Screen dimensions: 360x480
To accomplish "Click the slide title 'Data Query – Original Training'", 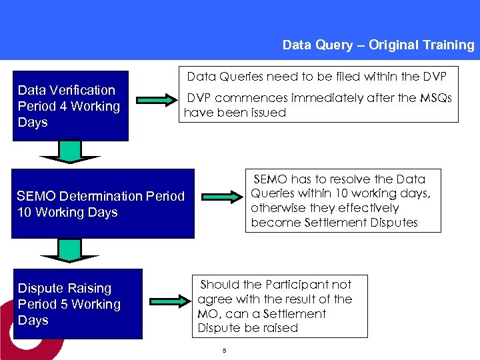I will (x=378, y=45).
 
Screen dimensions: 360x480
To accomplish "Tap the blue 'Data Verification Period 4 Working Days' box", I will (x=71, y=106).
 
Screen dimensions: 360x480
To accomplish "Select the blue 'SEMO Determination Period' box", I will (x=103, y=204).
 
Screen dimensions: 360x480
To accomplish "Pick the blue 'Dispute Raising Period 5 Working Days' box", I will (x=77, y=304).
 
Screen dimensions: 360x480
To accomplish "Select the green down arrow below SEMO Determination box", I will (x=69, y=251).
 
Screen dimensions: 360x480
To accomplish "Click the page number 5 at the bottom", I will (x=225, y=351).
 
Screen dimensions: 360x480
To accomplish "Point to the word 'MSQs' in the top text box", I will (x=435, y=98).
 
